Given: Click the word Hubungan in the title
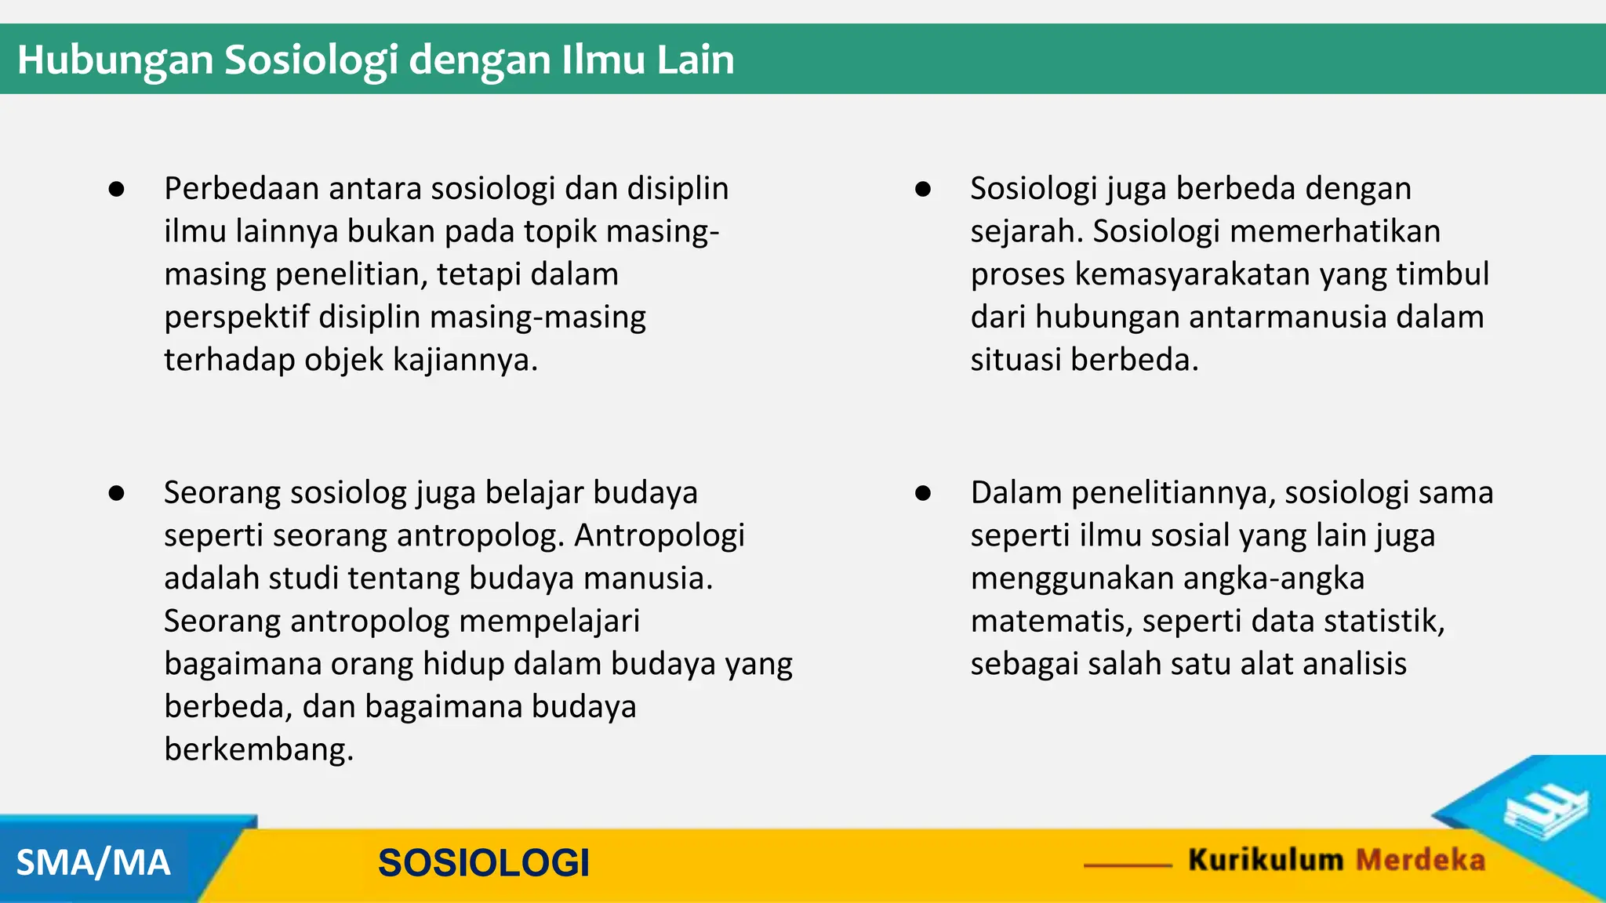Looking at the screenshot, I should (114, 60).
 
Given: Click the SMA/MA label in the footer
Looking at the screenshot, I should (93, 863).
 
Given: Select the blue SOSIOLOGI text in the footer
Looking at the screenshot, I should (483, 863).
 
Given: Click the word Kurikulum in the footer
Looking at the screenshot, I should (1266, 860).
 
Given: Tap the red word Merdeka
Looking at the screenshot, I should (1420, 860).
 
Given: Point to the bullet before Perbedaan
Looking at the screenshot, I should (117, 189).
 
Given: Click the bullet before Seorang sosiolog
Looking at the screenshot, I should (117, 493).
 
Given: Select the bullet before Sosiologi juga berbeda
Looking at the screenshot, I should (923, 189).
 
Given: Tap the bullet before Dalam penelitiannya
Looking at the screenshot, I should (923, 493).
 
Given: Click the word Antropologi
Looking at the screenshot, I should (659, 535).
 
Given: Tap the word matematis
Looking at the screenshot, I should (1051, 621).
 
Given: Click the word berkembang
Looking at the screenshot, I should (258, 749).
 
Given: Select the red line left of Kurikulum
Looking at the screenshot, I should (1128, 865).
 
